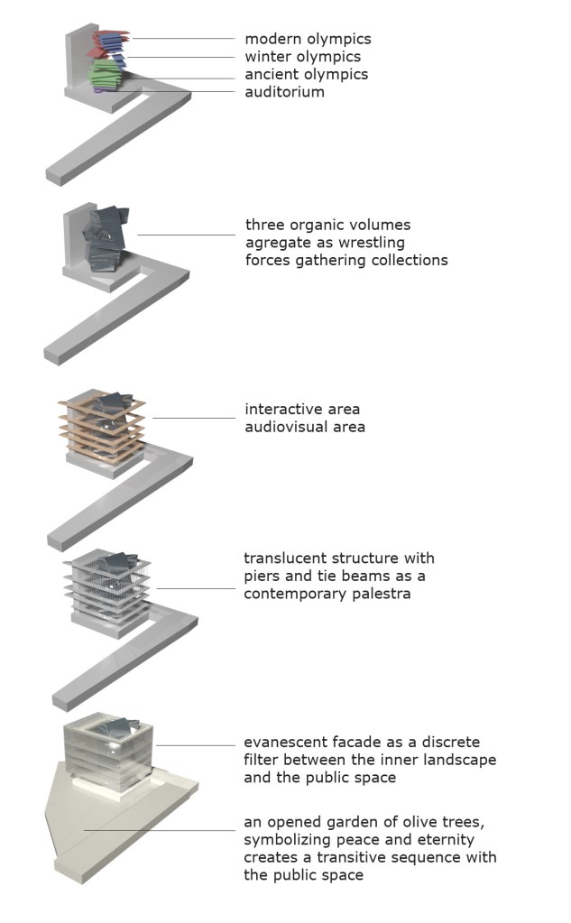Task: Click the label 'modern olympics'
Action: [308, 39]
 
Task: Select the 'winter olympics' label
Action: [302, 57]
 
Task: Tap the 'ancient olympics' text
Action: [306, 74]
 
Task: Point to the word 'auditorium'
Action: [284, 91]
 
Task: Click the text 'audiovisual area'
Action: [305, 426]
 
